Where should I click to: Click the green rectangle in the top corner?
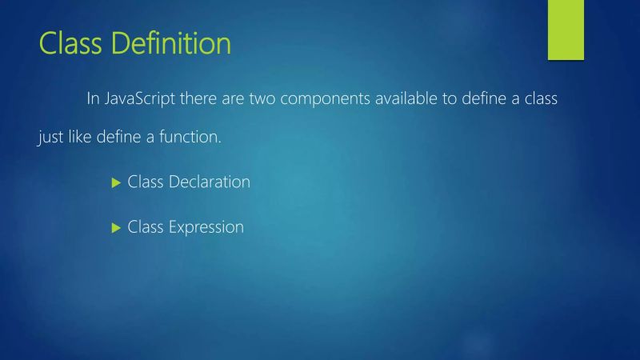pyautogui.click(x=566, y=30)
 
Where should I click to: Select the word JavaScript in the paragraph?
pyautogui.click(x=142, y=99)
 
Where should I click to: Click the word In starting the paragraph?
pyautogui.click(x=93, y=99)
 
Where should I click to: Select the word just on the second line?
pyautogui.click(x=50, y=138)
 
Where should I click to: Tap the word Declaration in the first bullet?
pyautogui.click(x=209, y=182)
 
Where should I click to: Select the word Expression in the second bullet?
pyautogui.click(x=206, y=227)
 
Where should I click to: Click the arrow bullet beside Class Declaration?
pyautogui.click(x=114, y=182)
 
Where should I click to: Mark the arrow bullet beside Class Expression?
pyautogui.click(x=114, y=228)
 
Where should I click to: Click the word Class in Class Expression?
pyautogui.click(x=146, y=227)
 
